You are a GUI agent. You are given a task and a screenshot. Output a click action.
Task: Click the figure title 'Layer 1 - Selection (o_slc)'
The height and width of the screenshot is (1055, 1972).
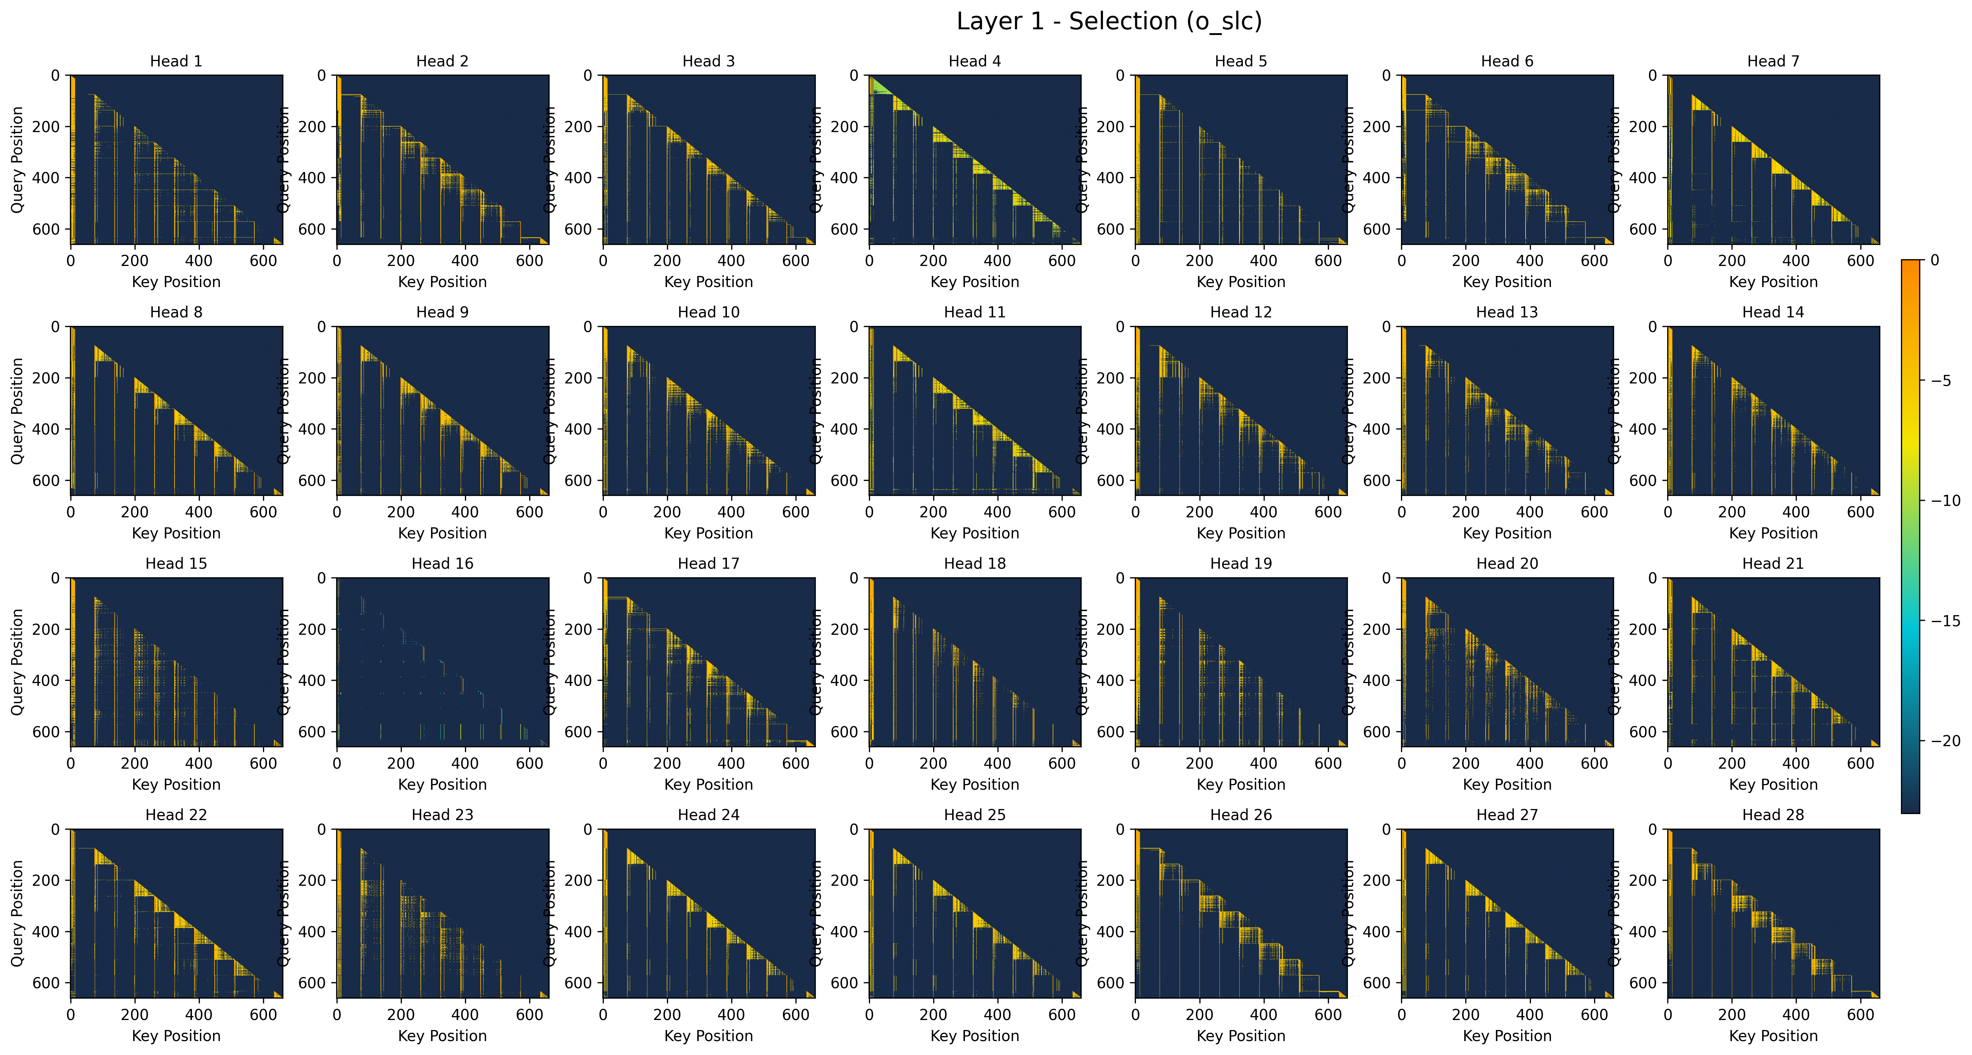[1108, 21]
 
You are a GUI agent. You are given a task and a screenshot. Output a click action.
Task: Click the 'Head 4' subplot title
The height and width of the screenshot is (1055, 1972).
[975, 61]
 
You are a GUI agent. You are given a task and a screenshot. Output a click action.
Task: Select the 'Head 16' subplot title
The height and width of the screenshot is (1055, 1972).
[443, 563]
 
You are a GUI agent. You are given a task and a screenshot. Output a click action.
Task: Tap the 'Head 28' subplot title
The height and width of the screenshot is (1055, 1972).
[1773, 815]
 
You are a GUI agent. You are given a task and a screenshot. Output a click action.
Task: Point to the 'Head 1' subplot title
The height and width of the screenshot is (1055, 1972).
[176, 61]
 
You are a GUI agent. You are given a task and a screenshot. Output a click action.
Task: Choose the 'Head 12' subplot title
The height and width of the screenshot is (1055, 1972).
[1241, 312]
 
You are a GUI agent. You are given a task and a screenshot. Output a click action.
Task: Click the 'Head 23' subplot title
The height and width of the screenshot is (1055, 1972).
[443, 815]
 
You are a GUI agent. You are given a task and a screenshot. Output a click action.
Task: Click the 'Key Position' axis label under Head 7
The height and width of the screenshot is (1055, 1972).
[1773, 282]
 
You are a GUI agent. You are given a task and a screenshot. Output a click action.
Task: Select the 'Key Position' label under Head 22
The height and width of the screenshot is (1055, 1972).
[176, 1036]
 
